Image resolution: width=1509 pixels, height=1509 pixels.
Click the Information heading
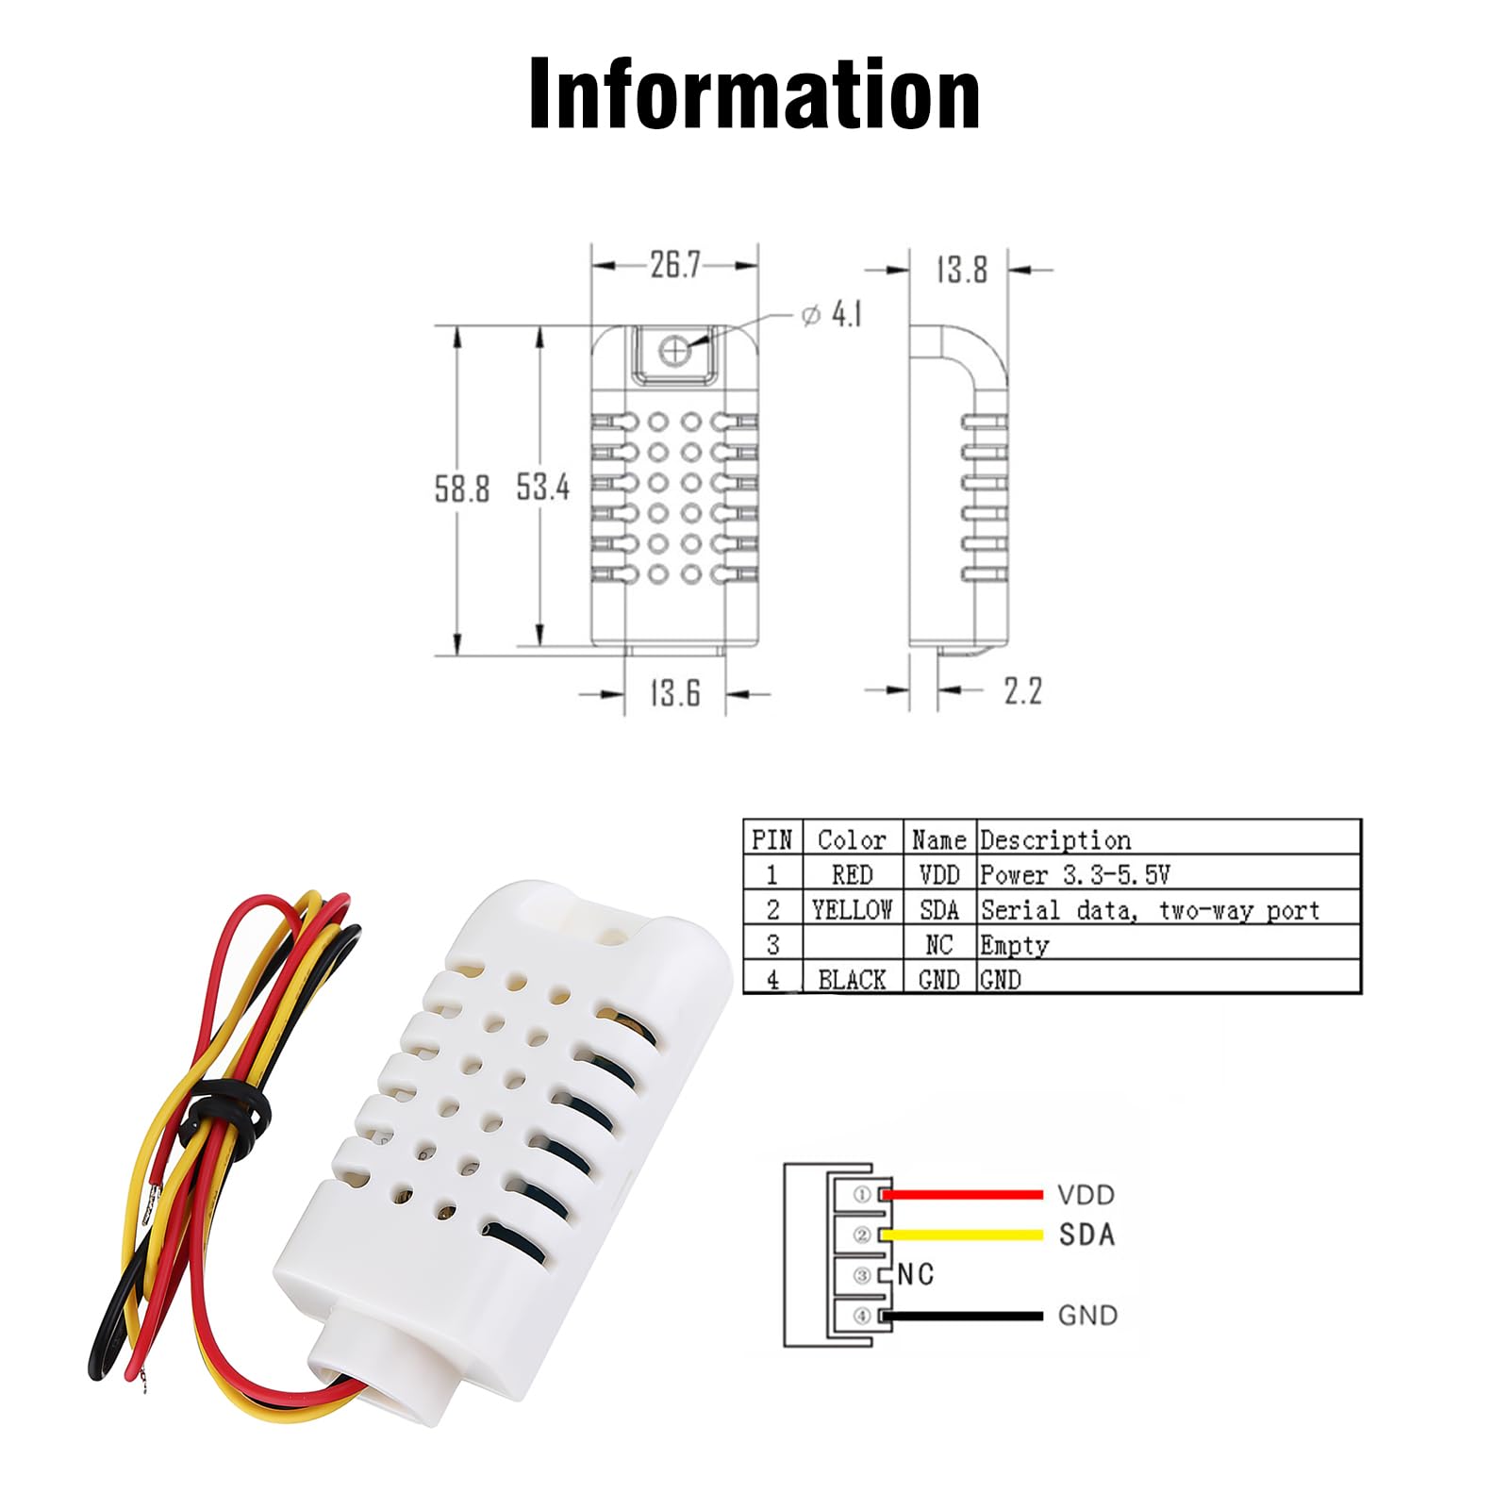tap(754, 94)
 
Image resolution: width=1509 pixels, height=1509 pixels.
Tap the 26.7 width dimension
tap(674, 265)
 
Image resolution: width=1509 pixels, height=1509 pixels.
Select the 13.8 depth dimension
tap(961, 270)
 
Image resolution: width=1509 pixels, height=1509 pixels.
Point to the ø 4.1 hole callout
tap(832, 314)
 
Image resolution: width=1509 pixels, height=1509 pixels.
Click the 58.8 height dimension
tap(461, 489)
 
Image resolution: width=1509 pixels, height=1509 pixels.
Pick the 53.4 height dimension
tap(542, 487)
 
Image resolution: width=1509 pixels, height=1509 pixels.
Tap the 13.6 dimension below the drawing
tap(675, 693)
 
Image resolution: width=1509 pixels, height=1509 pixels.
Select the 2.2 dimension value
tap(1022, 691)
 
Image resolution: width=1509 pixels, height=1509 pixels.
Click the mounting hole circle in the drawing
tap(673, 351)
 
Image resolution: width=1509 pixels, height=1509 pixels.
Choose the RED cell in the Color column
tap(852, 875)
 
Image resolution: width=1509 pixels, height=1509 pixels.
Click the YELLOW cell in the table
tap(852, 910)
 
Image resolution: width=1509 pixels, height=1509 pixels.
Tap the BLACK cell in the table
tap(852, 980)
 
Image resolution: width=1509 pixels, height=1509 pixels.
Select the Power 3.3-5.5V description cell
tap(1074, 875)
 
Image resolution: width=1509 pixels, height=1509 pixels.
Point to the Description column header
tap(1054, 839)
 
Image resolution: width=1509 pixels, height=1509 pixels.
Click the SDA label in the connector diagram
tap(1086, 1235)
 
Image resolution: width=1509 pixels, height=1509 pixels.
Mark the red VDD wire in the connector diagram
tap(962, 1195)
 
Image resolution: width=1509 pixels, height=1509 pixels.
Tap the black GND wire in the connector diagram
tap(962, 1316)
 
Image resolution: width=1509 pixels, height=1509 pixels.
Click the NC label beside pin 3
tap(915, 1275)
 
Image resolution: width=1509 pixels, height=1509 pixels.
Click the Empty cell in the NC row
tap(1014, 945)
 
